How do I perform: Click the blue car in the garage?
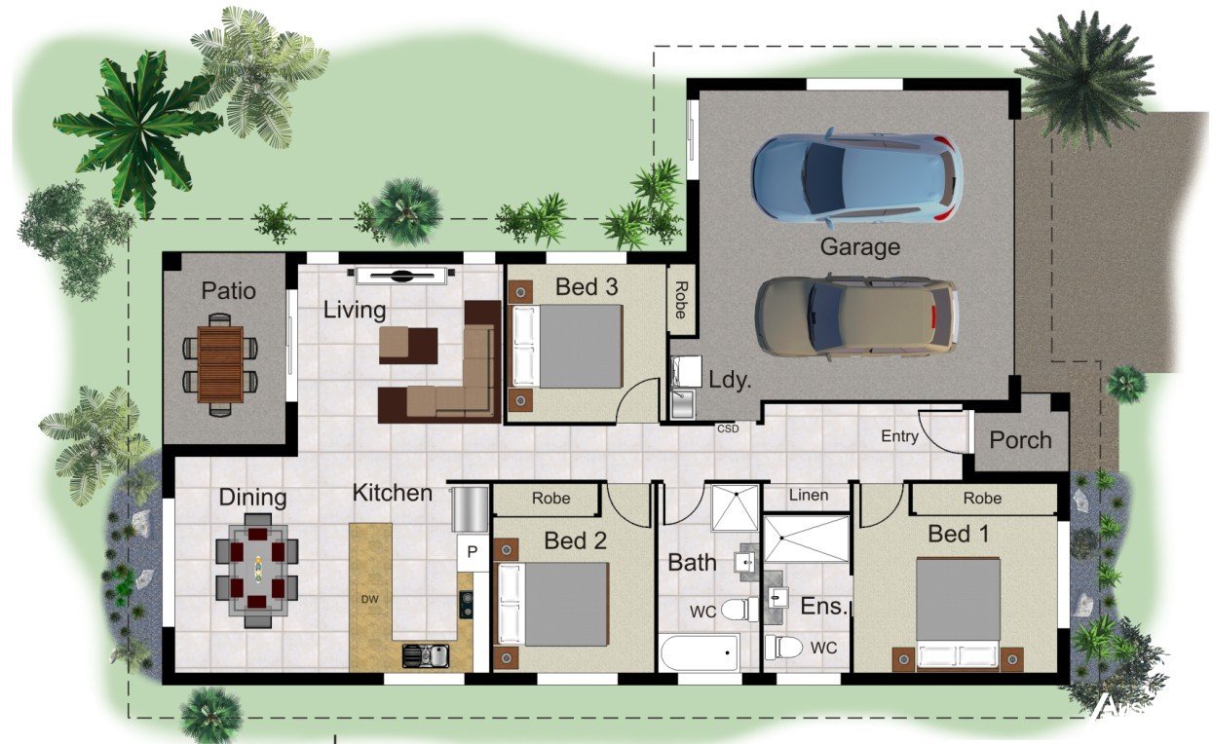point(857,177)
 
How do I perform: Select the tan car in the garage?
point(857,317)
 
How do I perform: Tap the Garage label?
point(859,247)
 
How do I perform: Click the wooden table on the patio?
point(220,364)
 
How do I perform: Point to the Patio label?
point(228,291)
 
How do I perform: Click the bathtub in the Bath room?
point(700,652)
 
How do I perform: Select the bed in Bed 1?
point(957,614)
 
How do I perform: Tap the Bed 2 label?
point(575,540)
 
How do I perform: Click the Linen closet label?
point(809,495)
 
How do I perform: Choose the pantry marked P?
point(473,552)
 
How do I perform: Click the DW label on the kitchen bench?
point(369,599)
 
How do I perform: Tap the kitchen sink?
point(426,655)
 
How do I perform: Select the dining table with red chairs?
point(257,570)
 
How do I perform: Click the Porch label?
point(1020,440)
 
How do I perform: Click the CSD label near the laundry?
point(728,428)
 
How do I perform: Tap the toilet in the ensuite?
point(783,647)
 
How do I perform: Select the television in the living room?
point(401,276)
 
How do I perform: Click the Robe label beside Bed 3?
point(681,300)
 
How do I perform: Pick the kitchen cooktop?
point(466,605)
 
